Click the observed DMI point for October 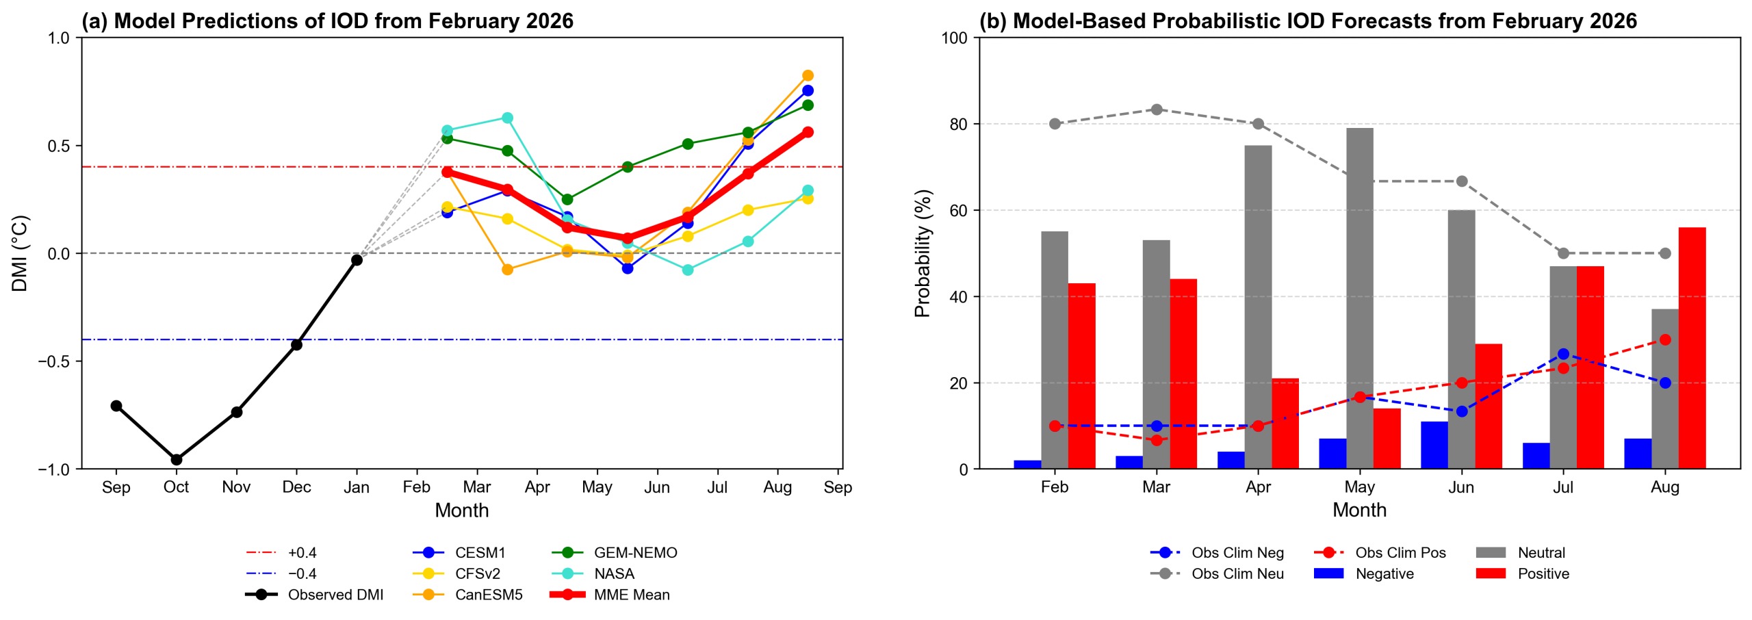tap(176, 459)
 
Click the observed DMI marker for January tap(357, 260)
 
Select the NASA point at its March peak tap(507, 118)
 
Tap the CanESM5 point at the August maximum tap(808, 75)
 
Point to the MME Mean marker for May tap(628, 238)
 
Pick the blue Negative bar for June tap(1434, 445)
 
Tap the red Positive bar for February tap(1081, 376)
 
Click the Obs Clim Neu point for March tap(1157, 109)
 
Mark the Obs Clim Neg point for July tap(1563, 354)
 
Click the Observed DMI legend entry tap(335, 595)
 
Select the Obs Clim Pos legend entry tap(1400, 552)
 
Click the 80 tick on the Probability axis tap(959, 124)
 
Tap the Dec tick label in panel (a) tap(296, 487)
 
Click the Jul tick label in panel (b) tap(1562, 487)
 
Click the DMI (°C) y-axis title tap(20, 253)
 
